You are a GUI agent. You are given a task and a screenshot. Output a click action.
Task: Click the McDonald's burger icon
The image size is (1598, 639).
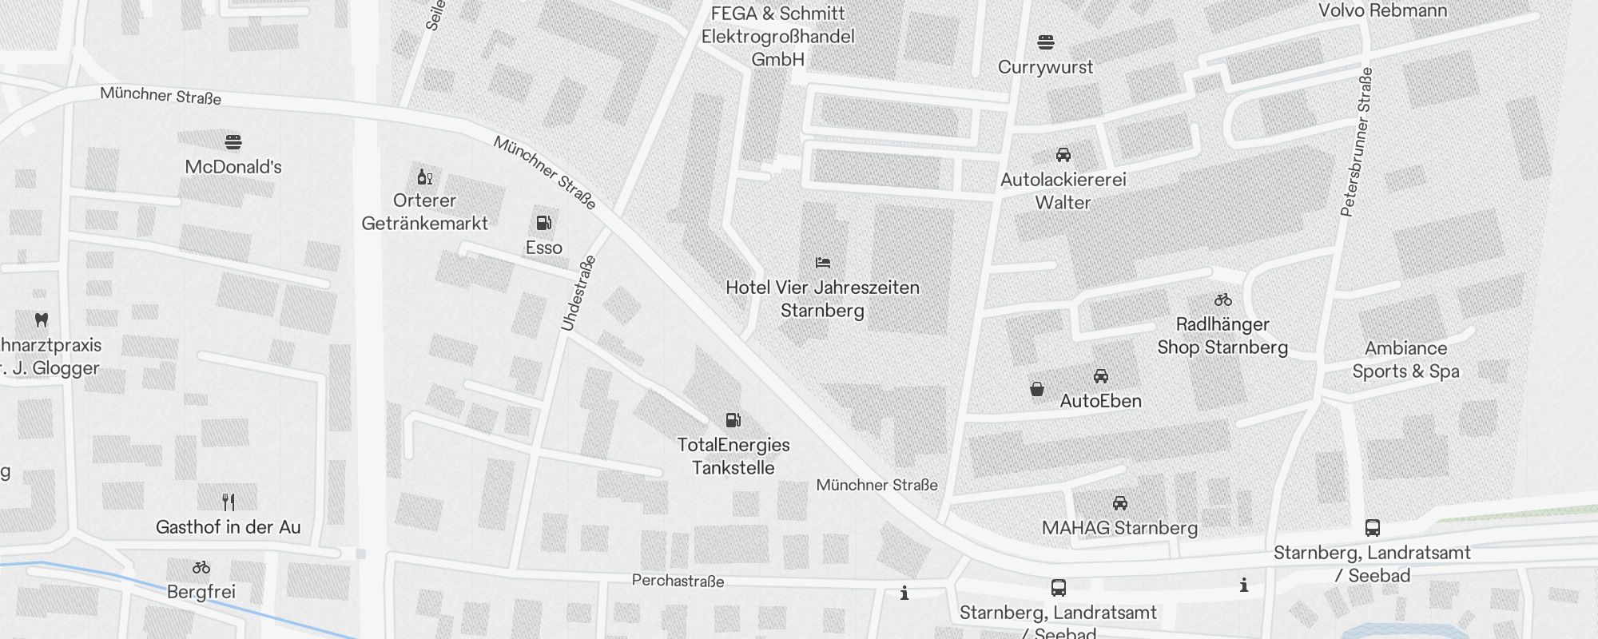pyautogui.click(x=233, y=142)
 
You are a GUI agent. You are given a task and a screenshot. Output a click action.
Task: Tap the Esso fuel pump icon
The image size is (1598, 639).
pyautogui.click(x=543, y=223)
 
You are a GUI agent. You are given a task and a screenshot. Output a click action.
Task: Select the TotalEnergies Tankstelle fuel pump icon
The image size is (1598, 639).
pyautogui.click(x=733, y=420)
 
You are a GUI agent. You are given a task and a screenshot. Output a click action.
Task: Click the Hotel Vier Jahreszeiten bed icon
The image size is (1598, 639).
pyautogui.click(x=822, y=262)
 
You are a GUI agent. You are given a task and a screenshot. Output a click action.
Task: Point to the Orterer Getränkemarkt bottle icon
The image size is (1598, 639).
pyautogui.click(x=424, y=177)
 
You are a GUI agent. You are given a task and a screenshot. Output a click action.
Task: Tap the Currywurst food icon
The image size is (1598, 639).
pyautogui.click(x=1045, y=42)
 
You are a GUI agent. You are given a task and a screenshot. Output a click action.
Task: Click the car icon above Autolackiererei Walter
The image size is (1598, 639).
pyautogui.click(x=1063, y=155)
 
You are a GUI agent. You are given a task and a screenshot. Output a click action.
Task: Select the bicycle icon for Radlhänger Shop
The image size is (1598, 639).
pyautogui.click(x=1222, y=300)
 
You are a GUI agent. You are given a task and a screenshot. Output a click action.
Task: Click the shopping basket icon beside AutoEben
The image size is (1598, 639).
pyautogui.click(x=1036, y=389)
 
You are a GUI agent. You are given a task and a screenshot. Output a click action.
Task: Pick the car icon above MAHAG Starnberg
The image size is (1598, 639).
pyautogui.click(x=1119, y=503)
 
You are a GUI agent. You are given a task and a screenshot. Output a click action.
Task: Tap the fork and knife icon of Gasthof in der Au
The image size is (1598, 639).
pyautogui.click(x=229, y=502)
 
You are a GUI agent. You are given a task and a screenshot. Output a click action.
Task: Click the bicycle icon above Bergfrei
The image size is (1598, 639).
pyautogui.click(x=201, y=568)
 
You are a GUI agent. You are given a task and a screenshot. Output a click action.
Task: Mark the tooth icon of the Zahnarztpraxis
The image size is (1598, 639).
pyautogui.click(x=42, y=320)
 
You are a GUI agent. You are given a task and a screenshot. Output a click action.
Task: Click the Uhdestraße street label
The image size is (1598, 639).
pyautogui.click(x=578, y=293)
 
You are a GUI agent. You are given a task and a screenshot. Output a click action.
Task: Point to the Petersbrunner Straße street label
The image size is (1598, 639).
pyautogui.click(x=1356, y=142)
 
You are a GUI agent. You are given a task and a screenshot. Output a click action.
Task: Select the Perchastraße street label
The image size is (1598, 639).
pyautogui.click(x=678, y=581)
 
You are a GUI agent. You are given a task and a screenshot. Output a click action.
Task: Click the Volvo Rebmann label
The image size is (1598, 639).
pyautogui.click(x=1382, y=10)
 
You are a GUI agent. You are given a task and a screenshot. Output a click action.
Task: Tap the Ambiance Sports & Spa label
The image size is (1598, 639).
pyautogui.click(x=1405, y=359)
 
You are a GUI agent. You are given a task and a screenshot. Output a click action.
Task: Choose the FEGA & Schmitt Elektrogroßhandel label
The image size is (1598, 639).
pyautogui.click(x=777, y=36)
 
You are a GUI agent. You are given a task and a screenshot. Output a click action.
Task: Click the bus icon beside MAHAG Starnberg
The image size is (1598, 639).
pyautogui.click(x=1372, y=527)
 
